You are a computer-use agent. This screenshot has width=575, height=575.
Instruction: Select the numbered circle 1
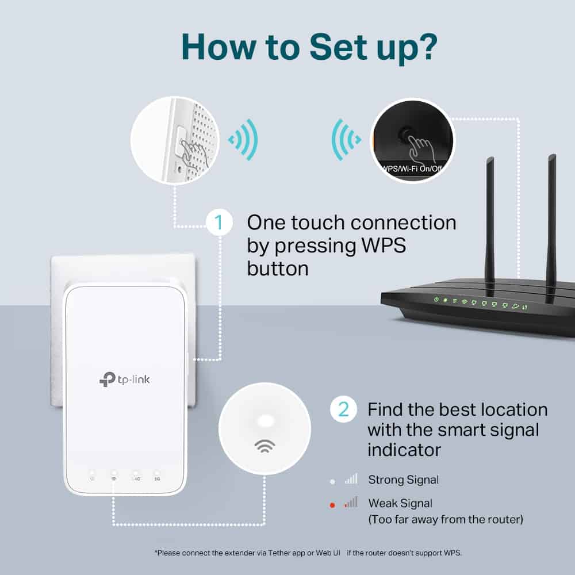(x=219, y=223)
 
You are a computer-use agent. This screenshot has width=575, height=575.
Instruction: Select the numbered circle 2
(x=343, y=409)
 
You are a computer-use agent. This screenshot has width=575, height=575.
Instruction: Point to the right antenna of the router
(x=551, y=218)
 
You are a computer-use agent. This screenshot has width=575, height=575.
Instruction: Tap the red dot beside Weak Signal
(x=332, y=505)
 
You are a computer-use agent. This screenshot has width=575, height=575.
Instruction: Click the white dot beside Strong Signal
(x=332, y=481)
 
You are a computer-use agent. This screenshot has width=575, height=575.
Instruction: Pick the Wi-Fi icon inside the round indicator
(x=264, y=446)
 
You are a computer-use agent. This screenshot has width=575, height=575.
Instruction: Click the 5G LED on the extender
(x=157, y=477)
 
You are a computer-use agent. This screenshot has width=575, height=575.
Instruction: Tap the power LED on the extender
(x=92, y=477)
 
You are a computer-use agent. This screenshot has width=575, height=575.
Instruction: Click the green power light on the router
(x=437, y=300)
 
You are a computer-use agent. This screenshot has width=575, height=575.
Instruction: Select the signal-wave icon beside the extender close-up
(x=243, y=139)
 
